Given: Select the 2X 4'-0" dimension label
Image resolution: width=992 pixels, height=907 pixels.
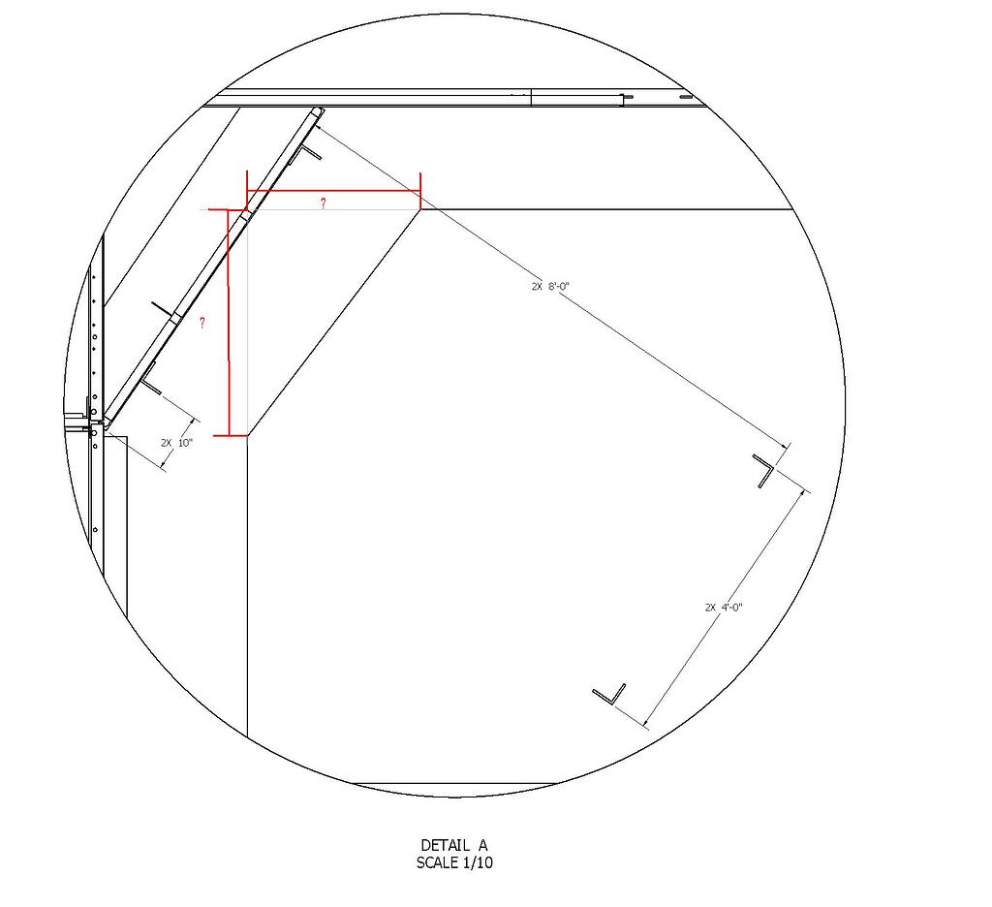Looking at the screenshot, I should click(724, 608).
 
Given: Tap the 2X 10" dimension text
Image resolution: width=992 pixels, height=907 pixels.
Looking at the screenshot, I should click(177, 443).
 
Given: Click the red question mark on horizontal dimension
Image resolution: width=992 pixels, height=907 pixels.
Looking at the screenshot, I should click(323, 203).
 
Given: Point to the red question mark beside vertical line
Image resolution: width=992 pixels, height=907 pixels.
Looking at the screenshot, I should click(201, 323).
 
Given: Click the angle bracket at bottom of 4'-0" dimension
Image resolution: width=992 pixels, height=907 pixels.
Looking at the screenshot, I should click(609, 693).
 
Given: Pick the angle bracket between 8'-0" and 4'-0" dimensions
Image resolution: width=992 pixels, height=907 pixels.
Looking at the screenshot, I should click(767, 470).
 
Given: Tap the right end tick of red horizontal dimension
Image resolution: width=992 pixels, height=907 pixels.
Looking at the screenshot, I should click(420, 190).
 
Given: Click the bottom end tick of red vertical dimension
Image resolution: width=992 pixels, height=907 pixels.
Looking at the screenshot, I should click(230, 436).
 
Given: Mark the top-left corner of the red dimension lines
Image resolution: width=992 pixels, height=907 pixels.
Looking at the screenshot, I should click(248, 191).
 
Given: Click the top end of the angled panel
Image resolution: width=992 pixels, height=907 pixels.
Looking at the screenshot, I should click(317, 112).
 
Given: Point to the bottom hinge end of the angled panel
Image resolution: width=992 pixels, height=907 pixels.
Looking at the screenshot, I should click(104, 423).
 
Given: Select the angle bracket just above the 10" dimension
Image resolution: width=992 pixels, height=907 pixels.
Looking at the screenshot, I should click(151, 380).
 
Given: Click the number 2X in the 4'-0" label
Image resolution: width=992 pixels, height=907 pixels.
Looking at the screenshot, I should click(711, 608).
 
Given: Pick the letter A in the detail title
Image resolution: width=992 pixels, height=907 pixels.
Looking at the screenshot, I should click(481, 846).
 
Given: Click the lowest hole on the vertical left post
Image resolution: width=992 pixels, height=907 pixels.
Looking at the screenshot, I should click(95, 529).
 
